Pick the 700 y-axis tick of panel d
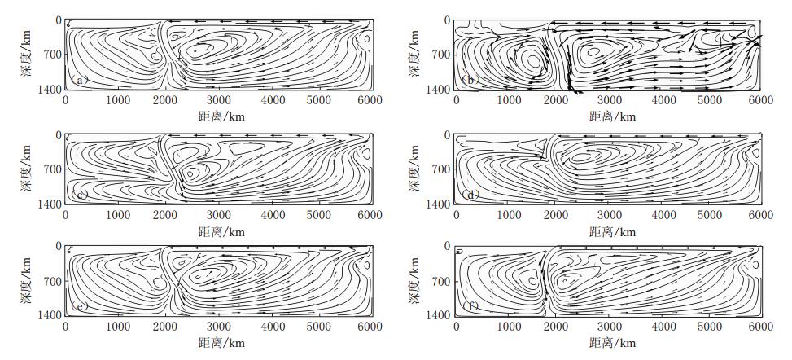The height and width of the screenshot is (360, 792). coord(439,169)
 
